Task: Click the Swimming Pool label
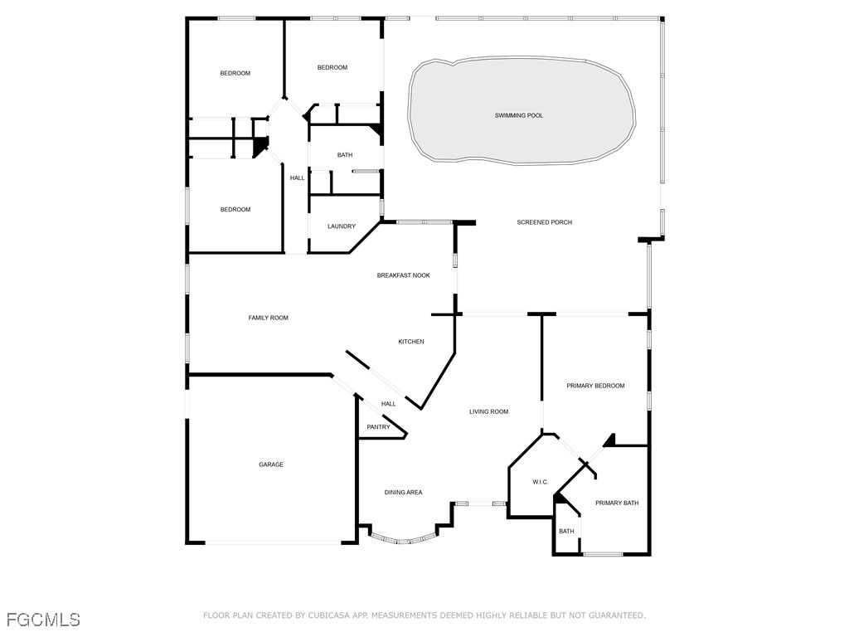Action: coord(519,115)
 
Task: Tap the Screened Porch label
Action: coord(544,222)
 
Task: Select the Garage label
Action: coord(271,464)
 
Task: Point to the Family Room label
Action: coord(269,318)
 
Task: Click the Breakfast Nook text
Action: coord(404,275)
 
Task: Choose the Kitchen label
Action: coord(411,342)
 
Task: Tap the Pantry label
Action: coord(378,427)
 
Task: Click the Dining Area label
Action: coord(403,493)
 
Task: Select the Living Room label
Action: coord(488,411)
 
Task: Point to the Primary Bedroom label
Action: coord(595,386)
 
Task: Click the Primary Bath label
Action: coord(617,503)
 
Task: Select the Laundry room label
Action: coord(342,226)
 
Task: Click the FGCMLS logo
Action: coord(43,620)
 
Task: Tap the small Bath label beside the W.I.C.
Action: coord(566,531)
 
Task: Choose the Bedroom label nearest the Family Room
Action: coord(235,210)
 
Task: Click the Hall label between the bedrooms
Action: coord(297,177)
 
